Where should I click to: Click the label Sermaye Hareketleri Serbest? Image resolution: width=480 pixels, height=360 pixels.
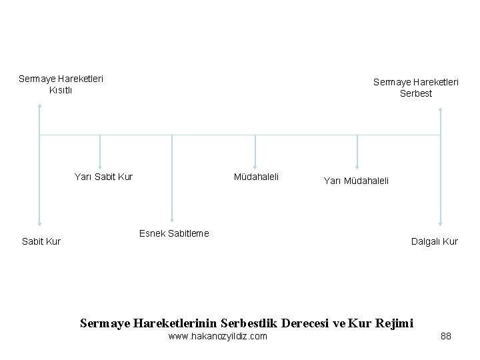click(x=415, y=87)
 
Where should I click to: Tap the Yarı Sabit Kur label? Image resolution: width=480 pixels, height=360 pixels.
click(x=103, y=177)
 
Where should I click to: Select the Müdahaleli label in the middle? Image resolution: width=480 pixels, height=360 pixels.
click(x=256, y=177)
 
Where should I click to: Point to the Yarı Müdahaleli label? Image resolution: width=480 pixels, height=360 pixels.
click(x=356, y=180)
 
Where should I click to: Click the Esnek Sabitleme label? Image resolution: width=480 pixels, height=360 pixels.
click(x=173, y=233)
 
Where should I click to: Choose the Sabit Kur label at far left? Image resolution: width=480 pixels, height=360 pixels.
click(x=41, y=241)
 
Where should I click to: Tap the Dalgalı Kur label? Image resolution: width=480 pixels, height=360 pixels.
click(x=435, y=241)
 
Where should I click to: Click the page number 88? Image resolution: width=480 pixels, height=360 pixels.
click(x=446, y=336)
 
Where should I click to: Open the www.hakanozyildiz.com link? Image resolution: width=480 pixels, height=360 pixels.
click(x=218, y=336)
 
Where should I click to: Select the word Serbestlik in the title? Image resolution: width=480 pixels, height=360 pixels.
click(x=249, y=323)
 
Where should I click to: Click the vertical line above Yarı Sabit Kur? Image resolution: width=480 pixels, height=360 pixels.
click(x=100, y=151)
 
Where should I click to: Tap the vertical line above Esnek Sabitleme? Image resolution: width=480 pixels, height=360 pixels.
click(x=172, y=177)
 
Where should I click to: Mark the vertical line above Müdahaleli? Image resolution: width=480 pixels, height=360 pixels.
click(x=255, y=151)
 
